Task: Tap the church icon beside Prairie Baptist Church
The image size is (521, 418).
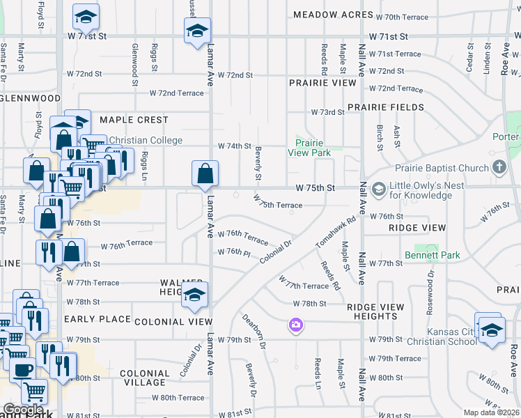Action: point(499,167)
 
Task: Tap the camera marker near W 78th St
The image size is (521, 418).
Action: point(296,325)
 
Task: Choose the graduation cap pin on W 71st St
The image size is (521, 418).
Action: point(197,31)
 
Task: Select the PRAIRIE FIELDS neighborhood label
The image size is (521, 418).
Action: point(385,107)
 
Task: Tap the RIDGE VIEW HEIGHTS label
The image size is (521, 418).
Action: point(375,311)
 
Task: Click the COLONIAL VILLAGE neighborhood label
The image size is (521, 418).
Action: point(144,378)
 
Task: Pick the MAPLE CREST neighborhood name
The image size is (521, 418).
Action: point(134,120)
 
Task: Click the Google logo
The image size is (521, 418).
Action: point(23,410)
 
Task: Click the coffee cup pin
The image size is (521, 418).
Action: point(22,369)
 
